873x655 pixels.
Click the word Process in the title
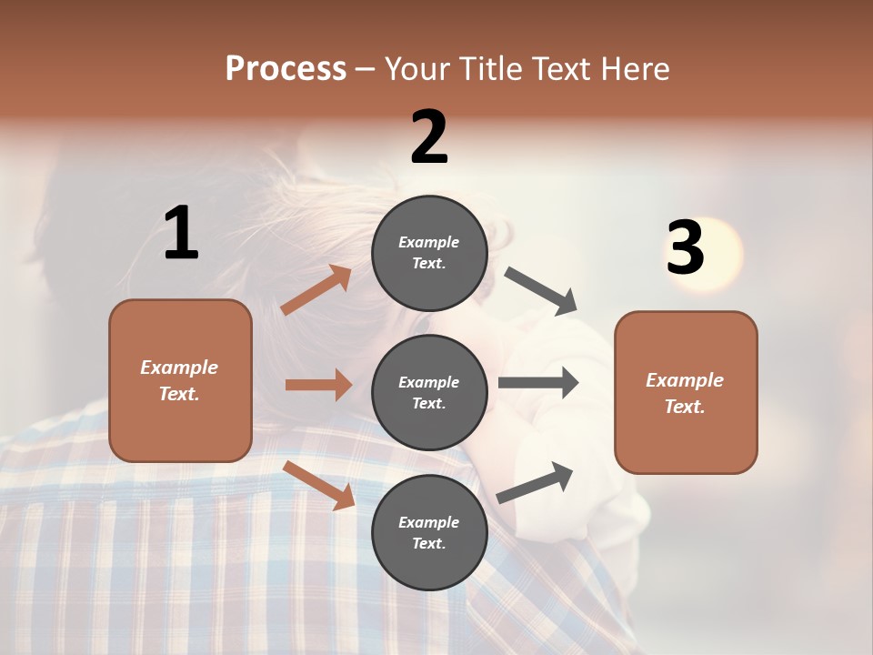pyautogui.click(x=286, y=68)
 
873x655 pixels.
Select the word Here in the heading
pyautogui.click(x=634, y=68)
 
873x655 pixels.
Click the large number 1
pyautogui.click(x=181, y=233)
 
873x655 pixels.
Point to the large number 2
pyautogui.click(x=429, y=136)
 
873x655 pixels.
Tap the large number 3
pyautogui.click(x=685, y=247)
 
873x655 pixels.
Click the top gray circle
pyautogui.click(x=429, y=253)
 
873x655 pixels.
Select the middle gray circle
pyautogui.click(x=429, y=392)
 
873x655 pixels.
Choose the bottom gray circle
pyautogui.click(x=429, y=532)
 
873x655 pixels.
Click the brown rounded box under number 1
pyautogui.click(x=180, y=380)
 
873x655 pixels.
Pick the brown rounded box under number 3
pyautogui.click(x=686, y=392)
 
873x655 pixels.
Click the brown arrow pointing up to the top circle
pyautogui.click(x=316, y=290)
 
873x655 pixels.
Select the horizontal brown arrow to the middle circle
pyautogui.click(x=318, y=385)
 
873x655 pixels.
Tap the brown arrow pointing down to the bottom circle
pyautogui.click(x=319, y=485)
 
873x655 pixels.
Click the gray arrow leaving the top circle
pyautogui.click(x=542, y=291)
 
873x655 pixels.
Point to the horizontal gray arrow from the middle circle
pyautogui.click(x=538, y=383)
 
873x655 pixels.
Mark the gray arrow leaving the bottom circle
pyautogui.click(x=536, y=482)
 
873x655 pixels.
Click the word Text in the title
pyautogui.click(x=564, y=68)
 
